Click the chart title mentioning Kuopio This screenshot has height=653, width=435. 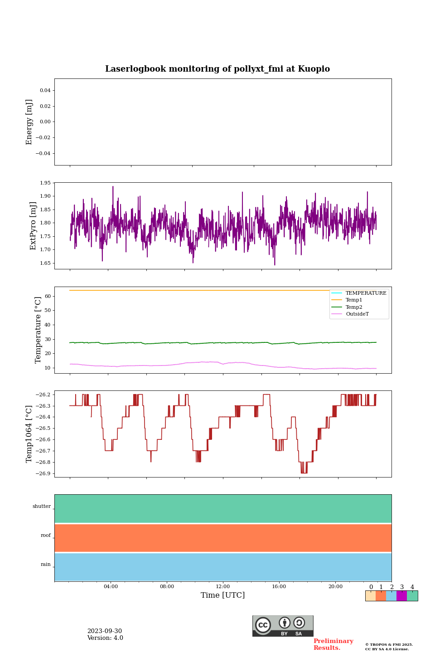(217, 69)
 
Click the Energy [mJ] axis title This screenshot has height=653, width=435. (29, 122)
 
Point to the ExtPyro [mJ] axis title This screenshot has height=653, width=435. (33, 226)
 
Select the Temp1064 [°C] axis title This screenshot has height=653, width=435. (29, 434)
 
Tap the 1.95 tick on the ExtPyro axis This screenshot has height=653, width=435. (45, 183)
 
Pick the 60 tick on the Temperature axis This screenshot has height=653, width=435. (48, 296)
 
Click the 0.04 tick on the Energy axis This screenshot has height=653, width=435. (45, 90)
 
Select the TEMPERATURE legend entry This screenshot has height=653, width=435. (366, 293)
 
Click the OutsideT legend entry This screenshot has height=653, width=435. (357, 314)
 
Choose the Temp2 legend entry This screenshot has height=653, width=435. (354, 307)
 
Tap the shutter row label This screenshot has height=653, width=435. (42, 507)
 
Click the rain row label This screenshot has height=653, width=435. (46, 565)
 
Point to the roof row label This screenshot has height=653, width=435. (46, 536)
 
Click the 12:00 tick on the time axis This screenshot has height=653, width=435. (223, 586)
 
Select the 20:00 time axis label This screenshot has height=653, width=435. (335, 586)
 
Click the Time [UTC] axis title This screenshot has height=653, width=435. (223, 595)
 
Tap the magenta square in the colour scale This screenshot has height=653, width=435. (401, 596)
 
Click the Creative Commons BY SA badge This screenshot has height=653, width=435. (283, 626)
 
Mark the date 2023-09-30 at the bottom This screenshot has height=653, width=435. (105, 631)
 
